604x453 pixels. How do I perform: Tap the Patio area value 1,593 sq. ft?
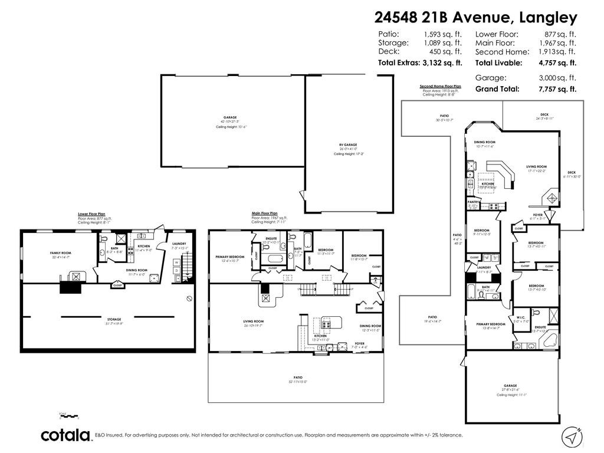pos(442,34)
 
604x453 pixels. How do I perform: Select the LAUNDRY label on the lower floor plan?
pos(179,244)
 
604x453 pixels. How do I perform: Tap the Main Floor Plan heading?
pos(264,213)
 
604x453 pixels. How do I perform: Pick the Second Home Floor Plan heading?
pos(440,87)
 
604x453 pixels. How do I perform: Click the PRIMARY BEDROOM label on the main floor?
pos(229,257)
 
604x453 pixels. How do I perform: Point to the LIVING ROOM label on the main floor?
pos(253,321)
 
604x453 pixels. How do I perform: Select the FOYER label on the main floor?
pos(359,343)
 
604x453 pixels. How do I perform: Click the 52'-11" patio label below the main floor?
pos(298,377)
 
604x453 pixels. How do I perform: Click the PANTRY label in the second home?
pos(473,202)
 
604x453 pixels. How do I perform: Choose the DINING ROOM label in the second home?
pos(485,142)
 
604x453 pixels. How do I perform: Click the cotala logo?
pos(65,435)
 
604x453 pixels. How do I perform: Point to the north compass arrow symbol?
pos(571,435)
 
